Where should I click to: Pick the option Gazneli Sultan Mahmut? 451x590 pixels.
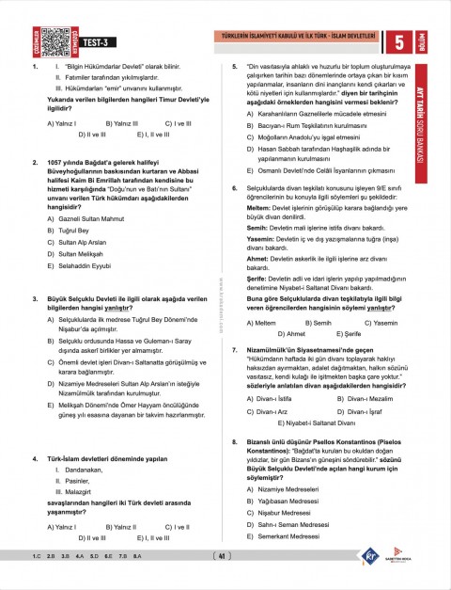pos(84,215)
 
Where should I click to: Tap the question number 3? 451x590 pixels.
pos(35,298)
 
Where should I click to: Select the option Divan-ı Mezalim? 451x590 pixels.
pos(366,398)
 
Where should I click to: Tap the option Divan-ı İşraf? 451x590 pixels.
pos(362,411)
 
